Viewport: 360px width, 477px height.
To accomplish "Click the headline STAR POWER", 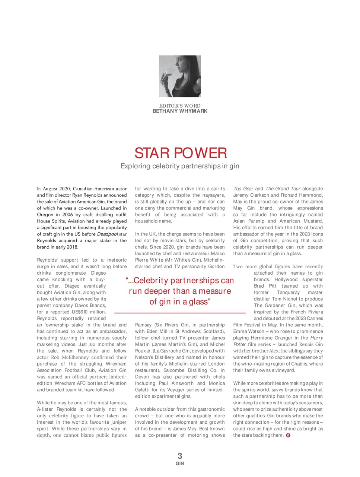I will point(180,153).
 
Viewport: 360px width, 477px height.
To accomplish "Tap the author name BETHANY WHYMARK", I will point(180,111).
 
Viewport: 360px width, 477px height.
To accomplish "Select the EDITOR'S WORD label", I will point(180,106).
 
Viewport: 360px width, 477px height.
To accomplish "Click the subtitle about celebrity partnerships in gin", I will point(180,166).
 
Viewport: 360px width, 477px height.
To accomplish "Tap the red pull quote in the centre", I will point(180,291).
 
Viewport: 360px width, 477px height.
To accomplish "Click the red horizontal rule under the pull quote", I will point(180,312).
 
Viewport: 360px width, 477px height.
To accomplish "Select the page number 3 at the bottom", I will point(180,455).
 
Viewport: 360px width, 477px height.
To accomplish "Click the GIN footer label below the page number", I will point(180,464).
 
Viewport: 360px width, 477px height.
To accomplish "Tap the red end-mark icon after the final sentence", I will point(288,435).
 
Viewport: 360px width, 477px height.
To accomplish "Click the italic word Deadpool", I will point(108,234).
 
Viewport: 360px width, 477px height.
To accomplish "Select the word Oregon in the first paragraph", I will point(45,215).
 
